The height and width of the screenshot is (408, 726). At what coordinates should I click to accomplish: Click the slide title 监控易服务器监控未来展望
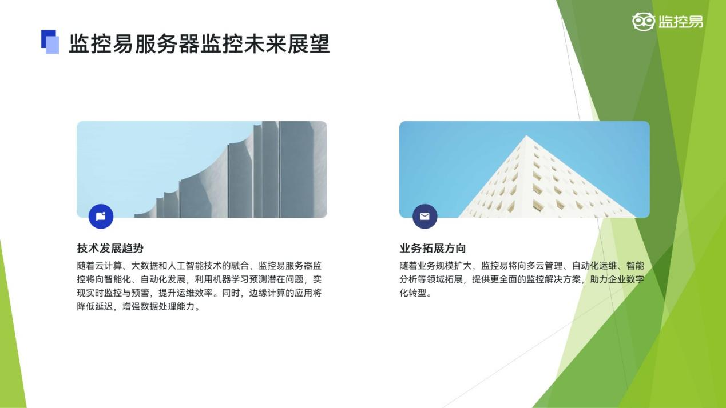click(x=199, y=43)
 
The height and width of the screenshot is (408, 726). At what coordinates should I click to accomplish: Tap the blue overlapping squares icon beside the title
click(x=50, y=42)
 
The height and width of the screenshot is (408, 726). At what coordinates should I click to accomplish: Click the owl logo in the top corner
click(x=644, y=22)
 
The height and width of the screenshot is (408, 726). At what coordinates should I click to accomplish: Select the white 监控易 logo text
click(x=681, y=22)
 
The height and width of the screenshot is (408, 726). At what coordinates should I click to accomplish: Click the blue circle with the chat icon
click(x=101, y=217)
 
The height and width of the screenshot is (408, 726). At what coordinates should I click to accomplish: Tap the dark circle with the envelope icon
click(x=425, y=217)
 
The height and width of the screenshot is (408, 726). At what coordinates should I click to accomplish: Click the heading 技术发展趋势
click(x=110, y=249)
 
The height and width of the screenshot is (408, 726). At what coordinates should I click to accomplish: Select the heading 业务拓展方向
click(x=433, y=249)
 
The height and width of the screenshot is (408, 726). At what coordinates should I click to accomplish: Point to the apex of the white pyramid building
click(x=526, y=135)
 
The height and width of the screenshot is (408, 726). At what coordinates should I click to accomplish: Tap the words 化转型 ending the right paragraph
click(x=413, y=293)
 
